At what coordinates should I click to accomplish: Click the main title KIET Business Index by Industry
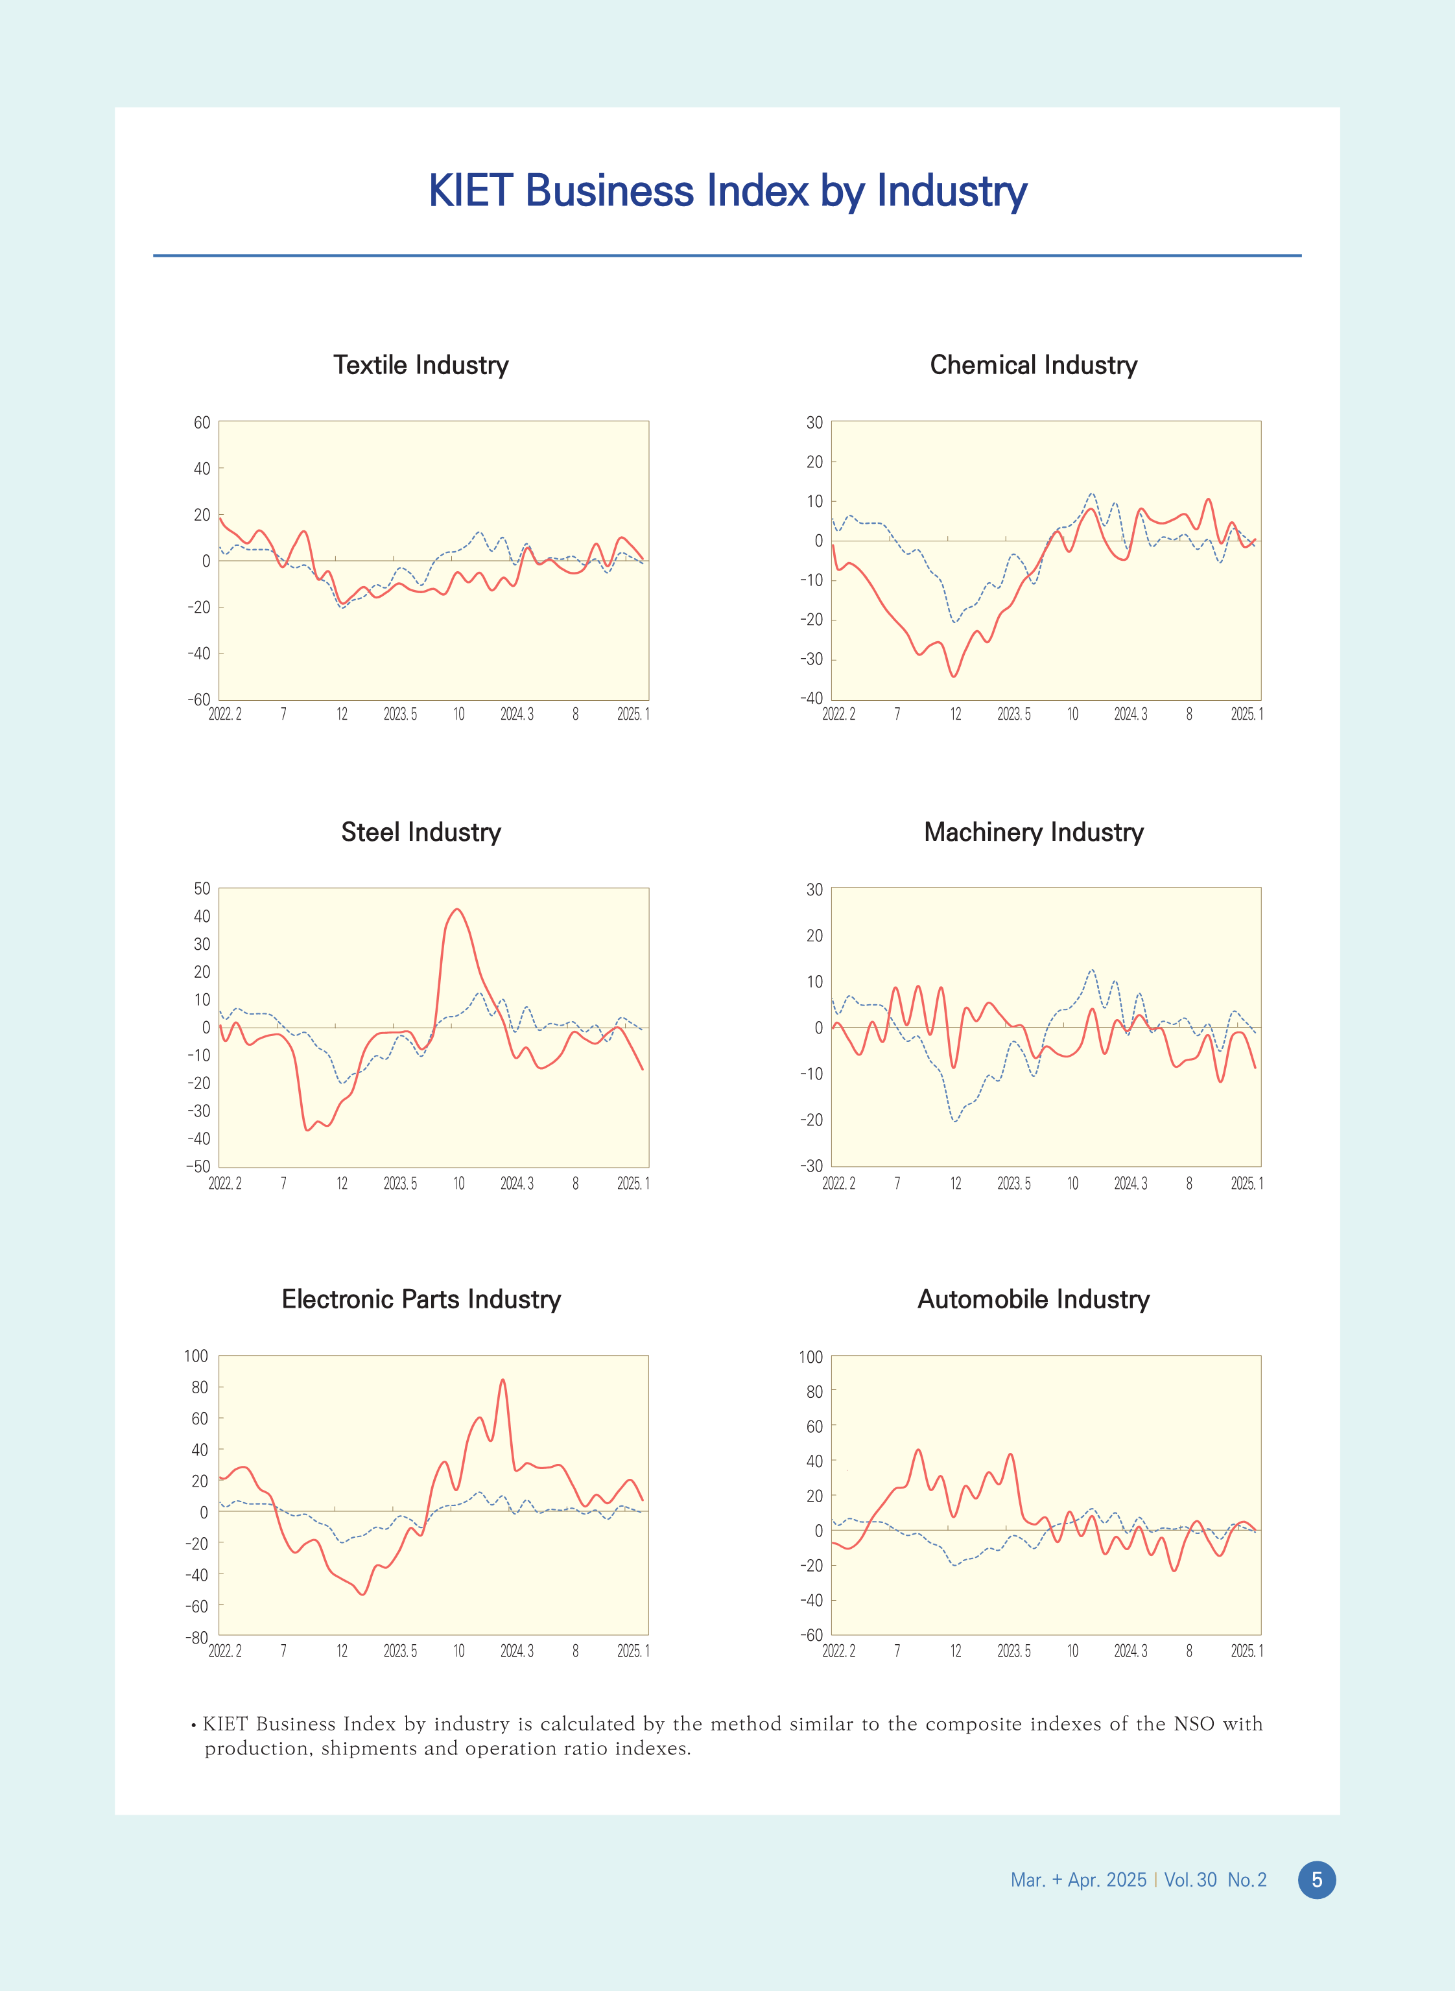727,191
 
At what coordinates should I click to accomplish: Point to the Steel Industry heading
421,832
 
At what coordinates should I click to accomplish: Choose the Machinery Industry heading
1033,832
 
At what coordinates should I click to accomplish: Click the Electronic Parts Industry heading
421,1299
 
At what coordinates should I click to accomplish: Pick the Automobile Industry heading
1033,1299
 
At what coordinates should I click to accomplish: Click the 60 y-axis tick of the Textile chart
202,423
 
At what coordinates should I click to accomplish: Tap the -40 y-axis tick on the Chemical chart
811,698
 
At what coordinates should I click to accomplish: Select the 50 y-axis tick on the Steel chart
202,888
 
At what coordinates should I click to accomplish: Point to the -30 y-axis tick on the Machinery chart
811,1166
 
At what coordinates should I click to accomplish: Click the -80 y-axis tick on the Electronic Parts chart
196,1637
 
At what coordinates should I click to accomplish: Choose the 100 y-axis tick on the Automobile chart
810,1357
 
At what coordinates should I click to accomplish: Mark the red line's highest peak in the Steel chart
456,910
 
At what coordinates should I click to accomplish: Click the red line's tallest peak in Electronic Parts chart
503,1380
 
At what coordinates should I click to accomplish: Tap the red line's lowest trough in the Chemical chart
954,676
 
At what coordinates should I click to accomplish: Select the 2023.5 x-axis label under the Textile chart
400,714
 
